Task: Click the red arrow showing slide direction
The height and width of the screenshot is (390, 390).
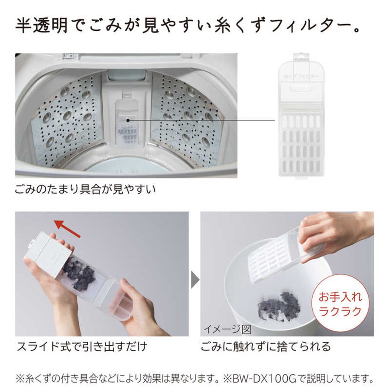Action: pos(67,228)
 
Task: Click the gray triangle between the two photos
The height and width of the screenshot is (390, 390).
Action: pos(195,279)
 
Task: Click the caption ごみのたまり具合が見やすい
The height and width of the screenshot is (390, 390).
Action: pos(85,189)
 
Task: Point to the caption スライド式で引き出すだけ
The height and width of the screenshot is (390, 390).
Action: pos(82,347)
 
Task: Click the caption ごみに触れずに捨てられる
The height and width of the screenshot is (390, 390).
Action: pos(266,347)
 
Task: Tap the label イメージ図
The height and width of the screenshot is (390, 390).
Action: pos(227,329)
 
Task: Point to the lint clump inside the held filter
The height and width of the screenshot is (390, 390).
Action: pos(79,274)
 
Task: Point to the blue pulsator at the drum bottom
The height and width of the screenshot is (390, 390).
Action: pos(126,168)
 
